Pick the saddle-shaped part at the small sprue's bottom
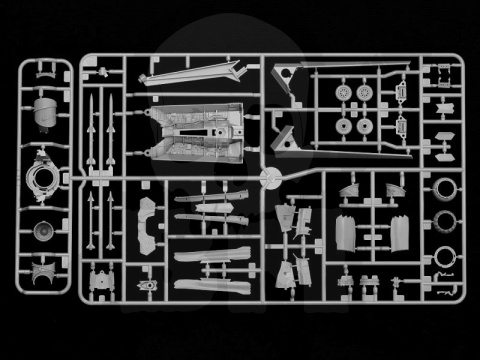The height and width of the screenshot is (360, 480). point(44,271)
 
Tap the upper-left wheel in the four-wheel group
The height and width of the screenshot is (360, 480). point(346,92)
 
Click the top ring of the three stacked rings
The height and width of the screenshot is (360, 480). point(439,189)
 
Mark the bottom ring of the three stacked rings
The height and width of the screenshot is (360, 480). point(439,258)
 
